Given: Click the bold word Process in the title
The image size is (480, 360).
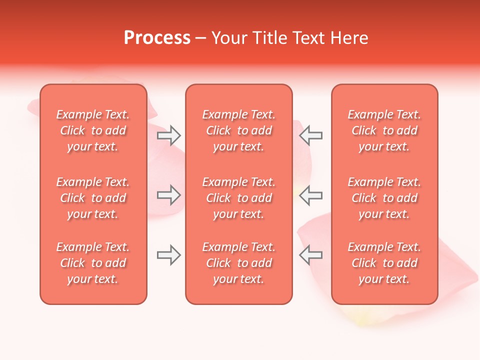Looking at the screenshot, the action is coord(157,37).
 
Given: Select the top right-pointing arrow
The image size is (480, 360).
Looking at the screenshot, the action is coord(169,135).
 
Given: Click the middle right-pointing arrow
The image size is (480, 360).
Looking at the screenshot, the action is coord(169,195).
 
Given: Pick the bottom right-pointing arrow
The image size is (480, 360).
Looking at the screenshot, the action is coord(169,255).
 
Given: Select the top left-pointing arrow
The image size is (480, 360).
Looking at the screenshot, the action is coord(311,135).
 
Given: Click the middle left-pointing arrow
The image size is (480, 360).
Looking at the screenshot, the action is coord(311,195).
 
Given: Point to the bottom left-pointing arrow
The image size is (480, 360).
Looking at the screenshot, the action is coord(311,255).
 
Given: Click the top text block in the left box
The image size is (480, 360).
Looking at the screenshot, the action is coord(93,130).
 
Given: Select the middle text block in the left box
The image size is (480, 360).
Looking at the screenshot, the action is coord(93,198).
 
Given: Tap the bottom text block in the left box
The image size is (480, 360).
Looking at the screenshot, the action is coord(93,263).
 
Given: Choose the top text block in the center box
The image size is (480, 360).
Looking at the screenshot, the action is coord(238,130).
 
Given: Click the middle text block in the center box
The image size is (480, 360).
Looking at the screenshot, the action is coord(238,198).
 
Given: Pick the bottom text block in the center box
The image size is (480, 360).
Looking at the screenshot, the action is coord(238,263).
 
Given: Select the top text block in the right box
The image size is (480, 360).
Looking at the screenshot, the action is coord(384,130).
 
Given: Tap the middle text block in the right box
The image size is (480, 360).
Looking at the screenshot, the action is coord(384,198).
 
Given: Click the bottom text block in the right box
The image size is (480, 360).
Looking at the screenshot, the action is coord(384,263).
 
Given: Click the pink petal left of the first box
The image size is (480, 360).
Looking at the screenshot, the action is coord(33,106).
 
